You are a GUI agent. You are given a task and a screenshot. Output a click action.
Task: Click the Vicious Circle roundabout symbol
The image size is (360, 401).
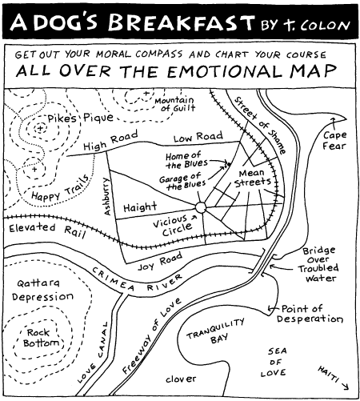[x=201, y=207]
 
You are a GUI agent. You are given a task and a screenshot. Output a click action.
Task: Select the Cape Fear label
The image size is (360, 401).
[x=334, y=140]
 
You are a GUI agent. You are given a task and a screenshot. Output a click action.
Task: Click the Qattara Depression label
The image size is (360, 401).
[x=42, y=290]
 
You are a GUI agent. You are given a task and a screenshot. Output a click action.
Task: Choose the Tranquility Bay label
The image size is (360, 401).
[x=216, y=332]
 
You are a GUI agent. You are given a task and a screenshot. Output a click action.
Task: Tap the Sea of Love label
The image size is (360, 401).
[x=274, y=362]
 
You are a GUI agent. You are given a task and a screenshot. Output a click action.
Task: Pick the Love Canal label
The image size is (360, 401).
[x=93, y=352]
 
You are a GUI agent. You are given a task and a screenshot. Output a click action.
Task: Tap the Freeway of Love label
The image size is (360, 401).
[x=151, y=335]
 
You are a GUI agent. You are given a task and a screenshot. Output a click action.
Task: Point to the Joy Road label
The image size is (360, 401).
[x=160, y=261]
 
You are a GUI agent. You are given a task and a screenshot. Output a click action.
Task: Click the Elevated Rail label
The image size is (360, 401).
[x=47, y=231]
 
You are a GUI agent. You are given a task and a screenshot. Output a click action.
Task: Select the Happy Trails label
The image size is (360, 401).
[x=61, y=188]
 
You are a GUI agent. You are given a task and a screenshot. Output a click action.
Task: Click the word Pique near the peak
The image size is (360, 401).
[x=98, y=118]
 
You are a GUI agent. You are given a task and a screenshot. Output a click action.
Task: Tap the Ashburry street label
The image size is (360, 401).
[x=106, y=196]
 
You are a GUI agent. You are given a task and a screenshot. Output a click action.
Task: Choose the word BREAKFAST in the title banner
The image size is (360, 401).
[x=181, y=22]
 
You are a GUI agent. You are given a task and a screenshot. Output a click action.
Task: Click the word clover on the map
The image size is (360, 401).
[x=181, y=379]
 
